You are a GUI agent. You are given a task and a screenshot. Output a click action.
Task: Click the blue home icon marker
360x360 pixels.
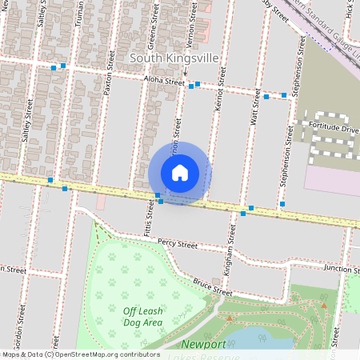[180, 173]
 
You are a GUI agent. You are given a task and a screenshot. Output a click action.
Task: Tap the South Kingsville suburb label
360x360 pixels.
[175, 59]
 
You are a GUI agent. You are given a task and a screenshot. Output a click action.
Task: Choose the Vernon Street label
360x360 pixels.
[189, 16]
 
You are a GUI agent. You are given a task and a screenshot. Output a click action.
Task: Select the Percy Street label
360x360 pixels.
[177, 242]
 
